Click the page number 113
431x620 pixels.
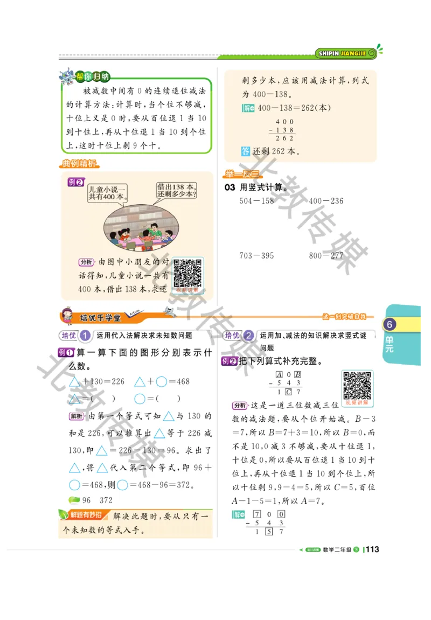372,549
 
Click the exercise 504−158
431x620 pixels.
257,201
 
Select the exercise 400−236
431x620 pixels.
326,201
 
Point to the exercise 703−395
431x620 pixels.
257,255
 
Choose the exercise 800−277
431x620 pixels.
326,255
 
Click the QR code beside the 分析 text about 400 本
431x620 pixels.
187,273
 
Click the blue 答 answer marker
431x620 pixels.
245,151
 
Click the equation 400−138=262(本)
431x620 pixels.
294,108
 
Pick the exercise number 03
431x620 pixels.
230,187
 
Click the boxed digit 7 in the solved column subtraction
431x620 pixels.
257,514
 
